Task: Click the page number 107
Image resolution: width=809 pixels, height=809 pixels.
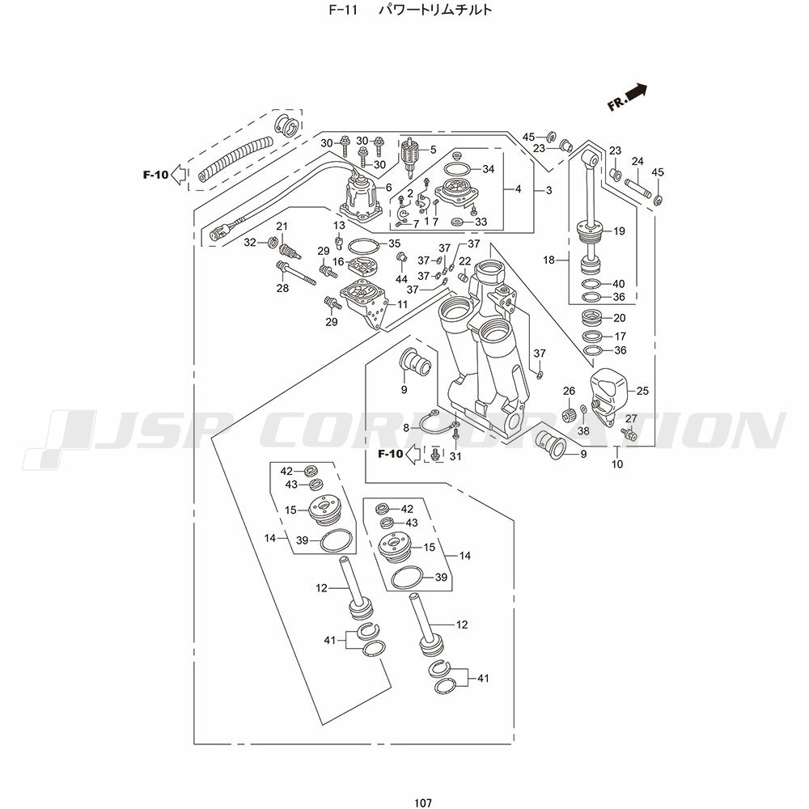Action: (421, 803)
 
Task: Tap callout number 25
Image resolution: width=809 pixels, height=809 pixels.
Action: (642, 391)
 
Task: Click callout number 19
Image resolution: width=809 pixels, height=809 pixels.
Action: (619, 231)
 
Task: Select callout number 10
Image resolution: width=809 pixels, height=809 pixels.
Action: (617, 464)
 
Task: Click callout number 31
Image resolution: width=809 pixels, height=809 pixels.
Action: (455, 456)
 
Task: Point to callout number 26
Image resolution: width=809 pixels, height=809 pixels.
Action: (569, 391)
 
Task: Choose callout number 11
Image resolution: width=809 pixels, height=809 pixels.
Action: (402, 304)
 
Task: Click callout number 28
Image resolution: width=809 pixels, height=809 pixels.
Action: (283, 288)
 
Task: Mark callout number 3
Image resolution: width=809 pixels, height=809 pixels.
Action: (549, 191)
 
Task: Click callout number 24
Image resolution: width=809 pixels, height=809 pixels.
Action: (637, 161)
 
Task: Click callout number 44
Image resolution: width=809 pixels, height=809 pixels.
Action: (401, 279)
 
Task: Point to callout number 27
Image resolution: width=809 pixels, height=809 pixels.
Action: (631, 418)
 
